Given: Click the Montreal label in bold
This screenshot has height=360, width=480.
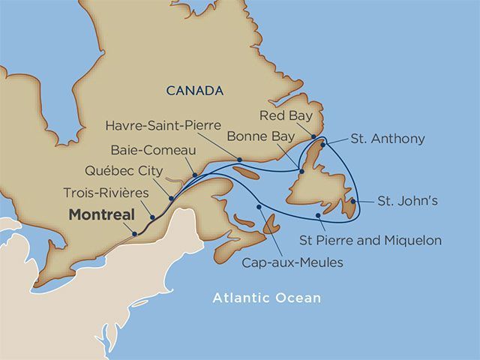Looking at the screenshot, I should click(102, 214).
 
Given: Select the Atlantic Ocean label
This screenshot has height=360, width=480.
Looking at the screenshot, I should click(266, 298).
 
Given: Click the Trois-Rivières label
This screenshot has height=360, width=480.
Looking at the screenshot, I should click(105, 193).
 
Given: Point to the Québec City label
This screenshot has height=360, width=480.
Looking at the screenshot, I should click(119, 169).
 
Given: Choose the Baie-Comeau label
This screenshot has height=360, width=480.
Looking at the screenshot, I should click(146, 147).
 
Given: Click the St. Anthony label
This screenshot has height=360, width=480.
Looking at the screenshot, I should click(388, 139).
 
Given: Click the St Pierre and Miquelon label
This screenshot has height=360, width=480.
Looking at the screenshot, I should click(370, 241).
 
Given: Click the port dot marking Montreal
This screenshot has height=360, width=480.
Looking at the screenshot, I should click(135, 234).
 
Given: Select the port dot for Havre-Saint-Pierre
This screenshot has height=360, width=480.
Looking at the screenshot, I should click(238, 160).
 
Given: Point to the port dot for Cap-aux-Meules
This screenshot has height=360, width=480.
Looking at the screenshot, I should click(259, 207).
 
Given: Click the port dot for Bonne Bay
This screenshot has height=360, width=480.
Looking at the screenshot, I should click(301, 172).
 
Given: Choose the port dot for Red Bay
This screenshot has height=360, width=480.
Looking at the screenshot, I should click(313, 137).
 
